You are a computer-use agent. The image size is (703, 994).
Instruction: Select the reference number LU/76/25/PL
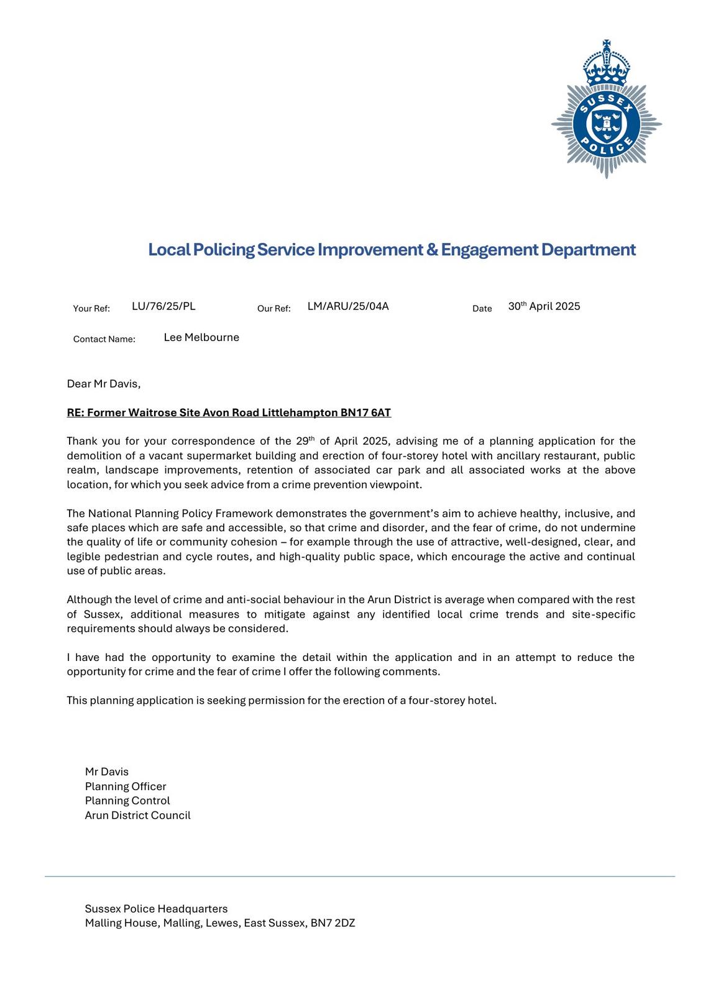click(163, 306)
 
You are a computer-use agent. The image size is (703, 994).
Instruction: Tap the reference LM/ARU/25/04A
click(347, 306)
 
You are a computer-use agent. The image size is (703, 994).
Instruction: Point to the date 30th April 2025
click(544, 306)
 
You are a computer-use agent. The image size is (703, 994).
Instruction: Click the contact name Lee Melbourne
click(201, 337)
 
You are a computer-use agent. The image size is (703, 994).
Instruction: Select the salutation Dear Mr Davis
click(104, 384)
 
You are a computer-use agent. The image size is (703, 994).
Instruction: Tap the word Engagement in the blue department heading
click(489, 250)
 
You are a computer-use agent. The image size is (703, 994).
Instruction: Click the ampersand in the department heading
click(432, 250)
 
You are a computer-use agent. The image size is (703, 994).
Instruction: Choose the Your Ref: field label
click(91, 309)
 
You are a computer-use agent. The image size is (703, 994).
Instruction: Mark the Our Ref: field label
click(273, 309)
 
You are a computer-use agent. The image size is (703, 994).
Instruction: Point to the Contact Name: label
click(104, 339)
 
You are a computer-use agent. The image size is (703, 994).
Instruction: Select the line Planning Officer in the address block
click(126, 787)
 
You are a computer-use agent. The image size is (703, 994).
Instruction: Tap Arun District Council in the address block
click(137, 816)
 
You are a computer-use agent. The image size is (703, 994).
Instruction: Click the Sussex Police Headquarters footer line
click(156, 909)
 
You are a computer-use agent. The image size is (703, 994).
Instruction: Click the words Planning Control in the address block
click(127, 801)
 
